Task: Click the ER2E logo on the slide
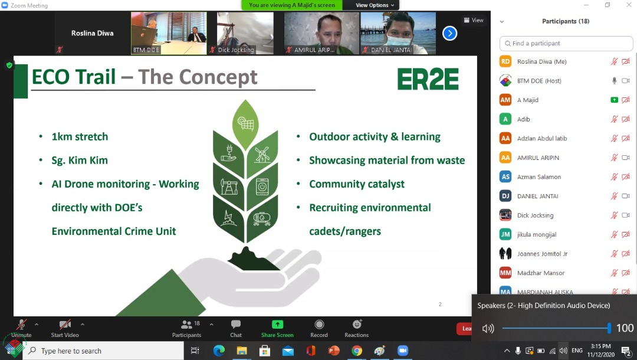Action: [x=428, y=79]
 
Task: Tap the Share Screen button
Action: [x=277, y=329]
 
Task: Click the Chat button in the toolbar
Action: [x=235, y=329]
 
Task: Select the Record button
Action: [x=319, y=329]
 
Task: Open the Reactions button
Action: [x=357, y=329]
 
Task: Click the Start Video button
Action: [x=65, y=329]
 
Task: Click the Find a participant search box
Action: [x=566, y=44]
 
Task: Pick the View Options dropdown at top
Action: [x=375, y=5]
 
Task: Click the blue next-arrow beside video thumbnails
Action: [x=449, y=33]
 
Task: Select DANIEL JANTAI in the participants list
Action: [x=537, y=197]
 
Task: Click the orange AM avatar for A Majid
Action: [x=505, y=100]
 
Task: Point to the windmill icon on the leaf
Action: [x=262, y=155]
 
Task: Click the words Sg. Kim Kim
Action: [x=80, y=161]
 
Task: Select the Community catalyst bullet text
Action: [x=357, y=184]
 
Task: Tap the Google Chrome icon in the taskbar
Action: [x=357, y=351]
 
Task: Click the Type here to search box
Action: [x=103, y=351]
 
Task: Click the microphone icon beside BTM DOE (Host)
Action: [x=614, y=81]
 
